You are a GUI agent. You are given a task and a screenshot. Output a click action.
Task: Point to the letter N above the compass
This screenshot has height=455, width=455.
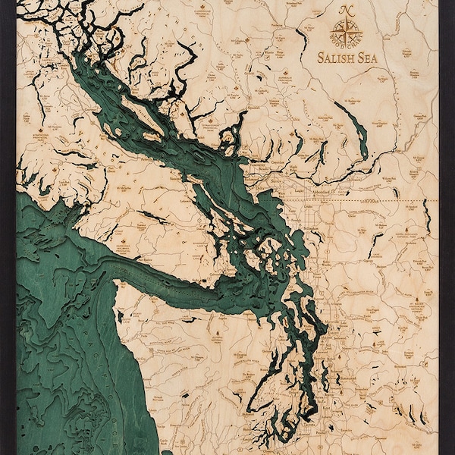pyautogui.click(x=347, y=10)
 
